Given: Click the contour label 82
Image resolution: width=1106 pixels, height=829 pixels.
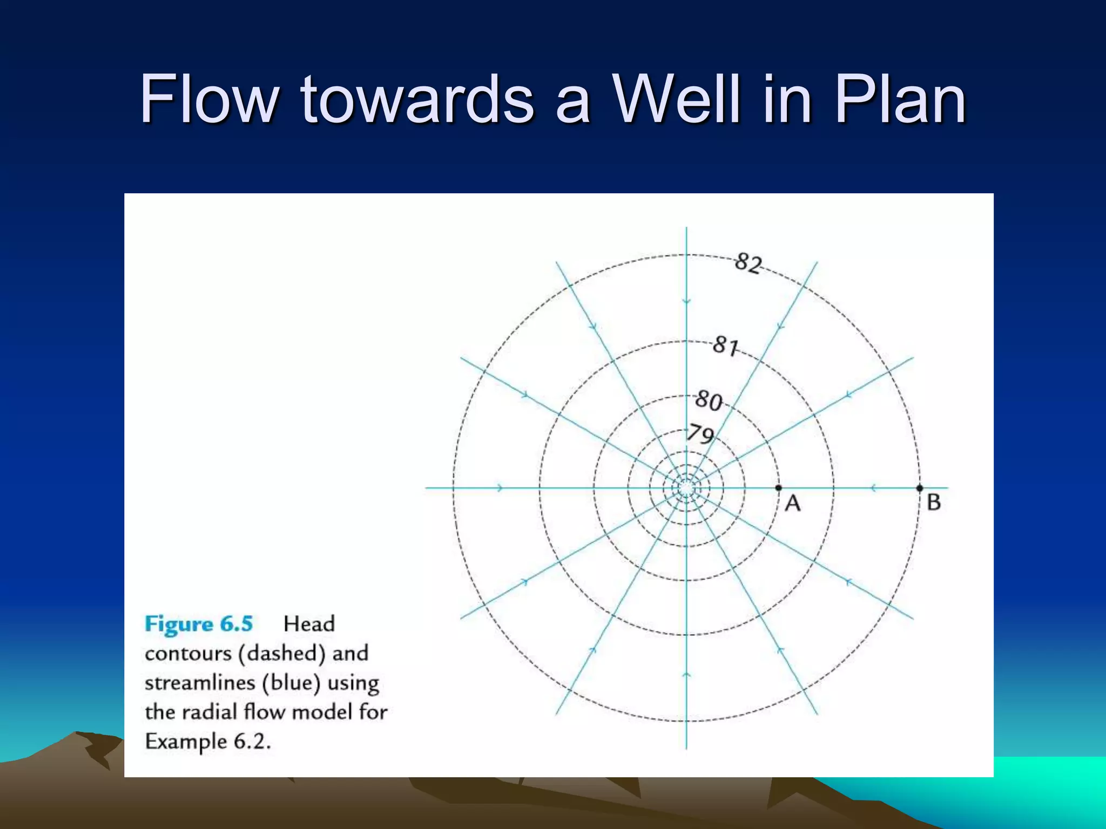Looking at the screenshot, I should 748,263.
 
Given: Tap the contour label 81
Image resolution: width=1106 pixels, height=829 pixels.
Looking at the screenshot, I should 725,345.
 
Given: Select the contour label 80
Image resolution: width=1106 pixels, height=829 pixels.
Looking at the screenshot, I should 709,400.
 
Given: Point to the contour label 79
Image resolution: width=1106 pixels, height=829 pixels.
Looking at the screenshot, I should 700,434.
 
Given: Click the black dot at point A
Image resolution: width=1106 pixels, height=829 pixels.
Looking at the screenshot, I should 778,488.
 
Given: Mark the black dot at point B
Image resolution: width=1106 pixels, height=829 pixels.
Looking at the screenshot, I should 920,488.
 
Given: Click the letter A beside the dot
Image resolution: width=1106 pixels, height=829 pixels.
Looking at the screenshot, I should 792,504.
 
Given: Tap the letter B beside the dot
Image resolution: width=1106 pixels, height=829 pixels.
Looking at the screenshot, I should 934,502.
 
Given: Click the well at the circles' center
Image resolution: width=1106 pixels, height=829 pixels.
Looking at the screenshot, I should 686,488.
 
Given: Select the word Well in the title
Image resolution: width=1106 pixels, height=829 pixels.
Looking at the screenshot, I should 680,99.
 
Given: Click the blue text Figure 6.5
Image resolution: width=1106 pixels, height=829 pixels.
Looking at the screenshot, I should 199,624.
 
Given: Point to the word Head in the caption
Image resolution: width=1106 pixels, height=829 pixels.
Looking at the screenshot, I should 309,624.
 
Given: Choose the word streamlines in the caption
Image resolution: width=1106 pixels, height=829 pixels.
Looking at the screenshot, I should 200,683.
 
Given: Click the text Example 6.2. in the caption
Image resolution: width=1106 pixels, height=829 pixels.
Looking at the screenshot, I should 208,742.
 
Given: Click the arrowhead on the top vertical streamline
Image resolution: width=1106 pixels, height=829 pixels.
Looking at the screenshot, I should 686,301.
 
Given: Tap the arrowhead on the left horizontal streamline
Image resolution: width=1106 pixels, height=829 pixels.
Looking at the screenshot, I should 500,488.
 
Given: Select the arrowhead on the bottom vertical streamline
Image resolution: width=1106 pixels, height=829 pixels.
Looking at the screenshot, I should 686,675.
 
